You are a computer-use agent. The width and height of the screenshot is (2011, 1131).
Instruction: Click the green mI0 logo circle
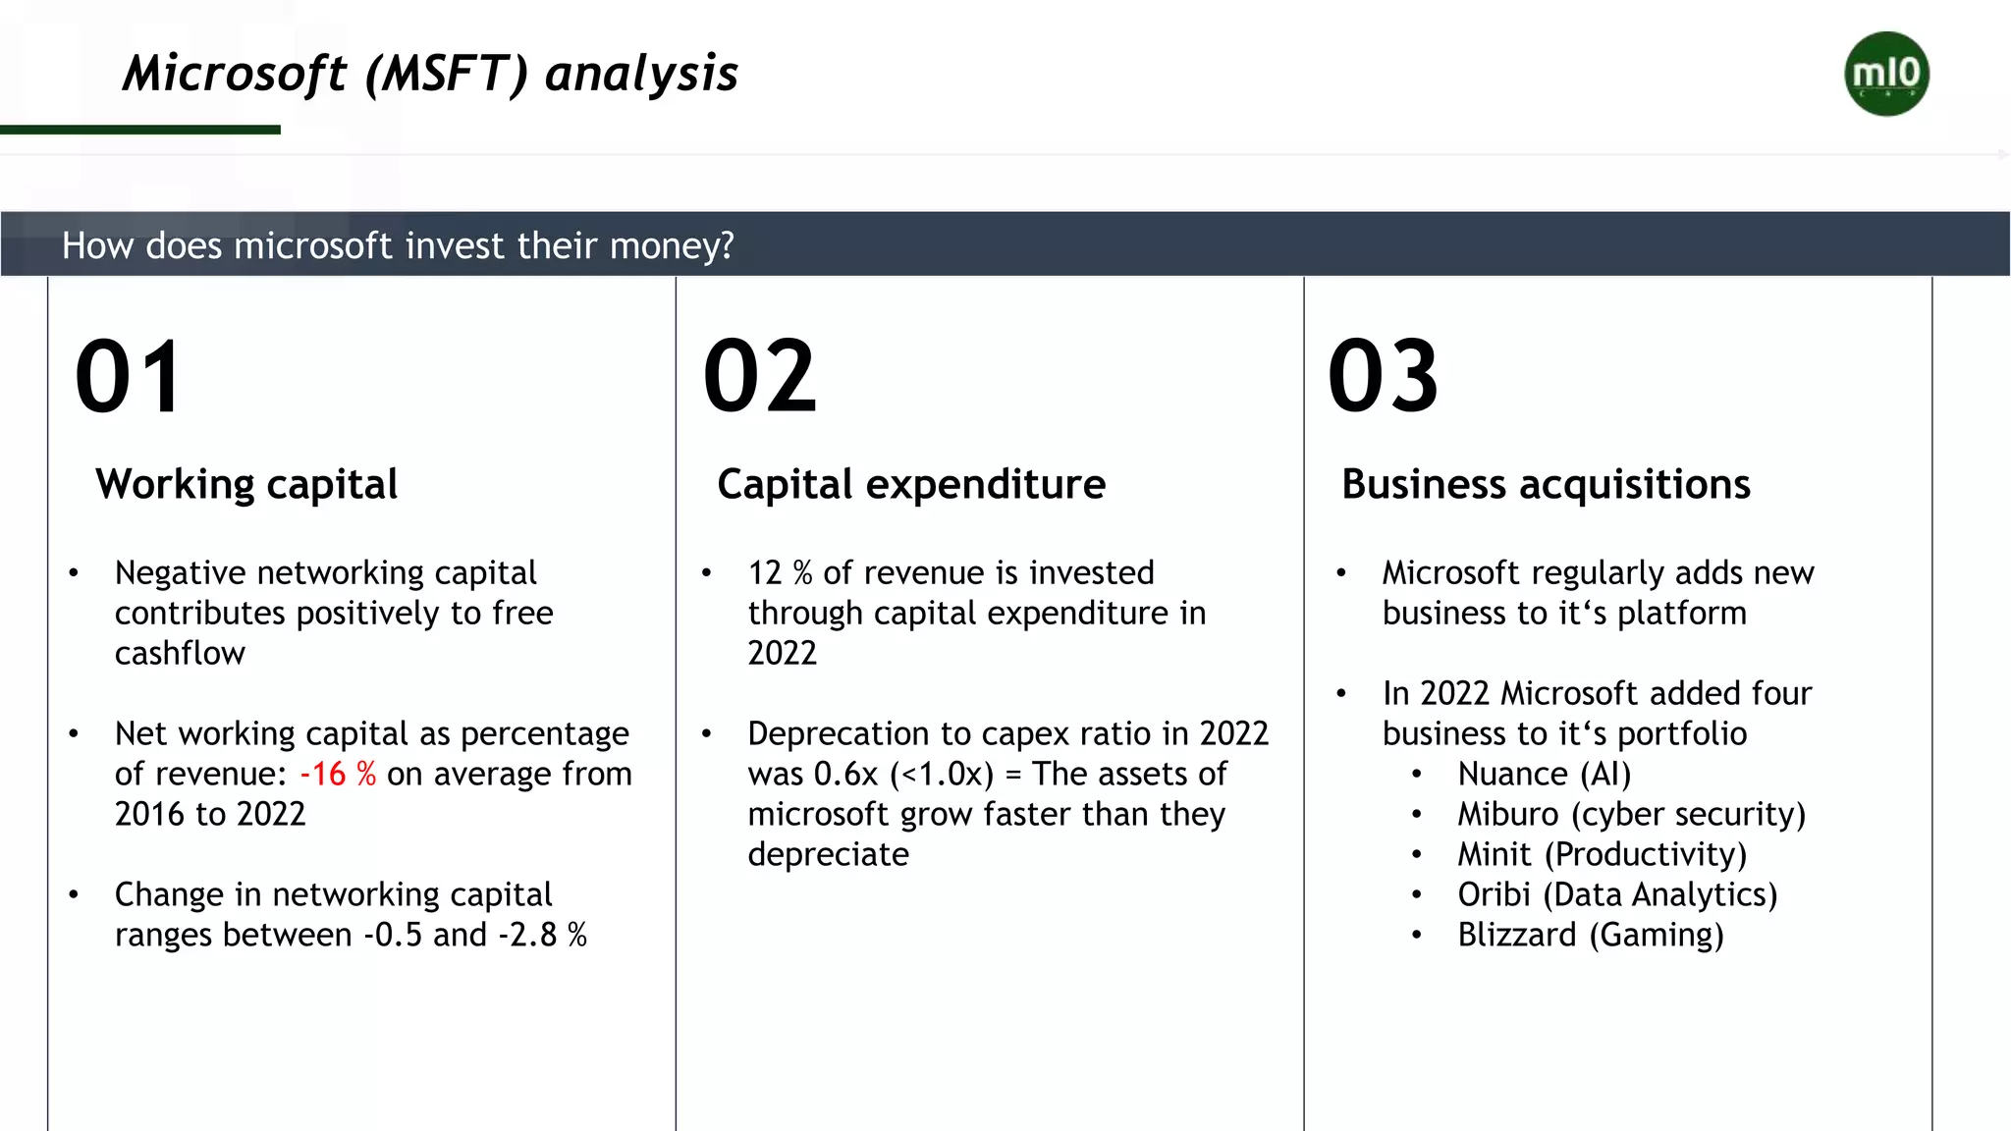[x=1886, y=74]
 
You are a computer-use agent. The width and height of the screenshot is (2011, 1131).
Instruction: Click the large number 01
[x=129, y=377]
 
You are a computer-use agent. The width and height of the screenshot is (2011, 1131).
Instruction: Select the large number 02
[x=760, y=377]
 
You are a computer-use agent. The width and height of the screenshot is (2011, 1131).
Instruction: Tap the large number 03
[x=1384, y=377]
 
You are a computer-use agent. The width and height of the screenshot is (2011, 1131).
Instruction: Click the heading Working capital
[x=246, y=485]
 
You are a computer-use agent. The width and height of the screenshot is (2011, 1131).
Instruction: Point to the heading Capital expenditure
[x=911, y=485]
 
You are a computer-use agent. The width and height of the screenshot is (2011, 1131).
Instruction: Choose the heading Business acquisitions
[x=1546, y=485]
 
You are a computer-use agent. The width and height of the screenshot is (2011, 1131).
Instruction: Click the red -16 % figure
[x=338, y=775]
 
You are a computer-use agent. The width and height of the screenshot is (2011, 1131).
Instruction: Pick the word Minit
[x=1494, y=855]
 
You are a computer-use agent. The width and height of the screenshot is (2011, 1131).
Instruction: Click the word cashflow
[x=180, y=654]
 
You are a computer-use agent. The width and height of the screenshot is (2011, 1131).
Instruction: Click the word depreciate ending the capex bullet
[x=828, y=855]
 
